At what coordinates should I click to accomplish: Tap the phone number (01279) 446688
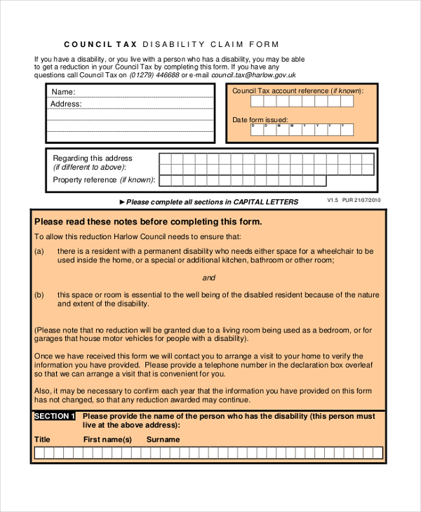click(154, 74)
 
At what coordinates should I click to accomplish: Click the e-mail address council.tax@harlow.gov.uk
click(253, 74)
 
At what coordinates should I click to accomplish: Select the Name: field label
click(63, 92)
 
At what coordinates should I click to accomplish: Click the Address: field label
click(66, 104)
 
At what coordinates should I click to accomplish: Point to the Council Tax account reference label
click(298, 91)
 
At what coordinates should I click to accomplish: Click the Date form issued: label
click(260, 120)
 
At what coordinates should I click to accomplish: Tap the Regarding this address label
click(93, 159)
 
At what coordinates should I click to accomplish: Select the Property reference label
click(103, 180)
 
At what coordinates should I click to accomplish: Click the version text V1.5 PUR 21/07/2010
click(354, 200)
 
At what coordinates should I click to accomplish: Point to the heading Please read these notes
click(148, 222)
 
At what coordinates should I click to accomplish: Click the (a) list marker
click(39, 251)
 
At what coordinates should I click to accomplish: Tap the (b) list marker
click(39, 295)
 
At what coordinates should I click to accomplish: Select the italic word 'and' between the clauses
click(208, 278)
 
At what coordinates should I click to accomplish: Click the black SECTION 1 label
click(55, 417)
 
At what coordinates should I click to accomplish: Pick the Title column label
click(43, 440)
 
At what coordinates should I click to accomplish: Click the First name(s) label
click(107, 440)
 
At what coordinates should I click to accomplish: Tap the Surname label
click(163, 440)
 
